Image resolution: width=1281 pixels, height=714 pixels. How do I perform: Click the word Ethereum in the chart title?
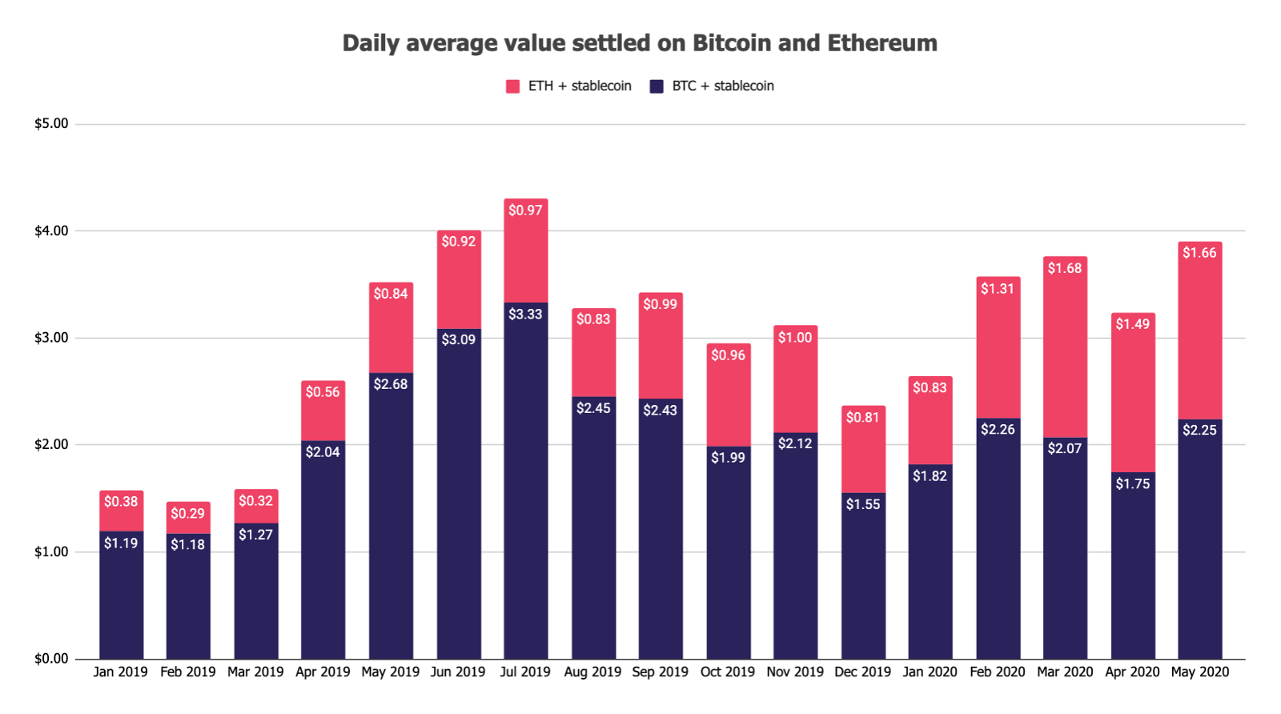881,43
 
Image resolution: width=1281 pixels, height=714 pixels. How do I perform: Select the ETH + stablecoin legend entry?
569,86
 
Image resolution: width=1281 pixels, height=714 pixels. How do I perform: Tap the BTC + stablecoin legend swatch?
657,86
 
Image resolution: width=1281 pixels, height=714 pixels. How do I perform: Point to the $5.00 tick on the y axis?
51,124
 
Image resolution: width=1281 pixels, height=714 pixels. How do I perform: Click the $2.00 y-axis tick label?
51,445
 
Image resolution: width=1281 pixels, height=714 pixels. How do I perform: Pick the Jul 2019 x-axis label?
525,672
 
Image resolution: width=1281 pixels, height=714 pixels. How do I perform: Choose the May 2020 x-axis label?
1199,672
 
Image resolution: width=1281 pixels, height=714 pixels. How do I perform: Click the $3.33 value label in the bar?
525,315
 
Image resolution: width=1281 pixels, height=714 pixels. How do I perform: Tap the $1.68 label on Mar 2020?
1065,268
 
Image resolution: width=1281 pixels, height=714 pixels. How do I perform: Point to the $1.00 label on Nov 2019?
795,338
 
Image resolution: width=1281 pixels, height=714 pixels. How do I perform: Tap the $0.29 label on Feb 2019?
188,514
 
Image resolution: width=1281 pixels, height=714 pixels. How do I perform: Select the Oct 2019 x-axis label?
728,672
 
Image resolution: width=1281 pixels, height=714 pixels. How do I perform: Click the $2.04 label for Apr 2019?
323,452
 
